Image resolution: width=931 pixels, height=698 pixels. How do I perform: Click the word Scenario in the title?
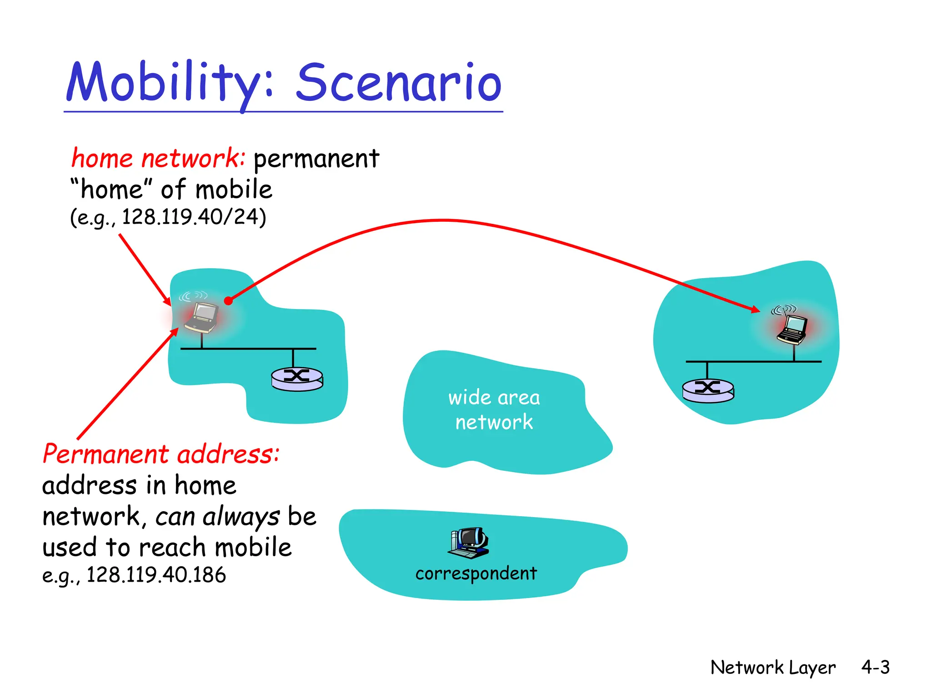coord(399,83)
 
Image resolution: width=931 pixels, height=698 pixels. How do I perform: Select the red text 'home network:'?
coord(158,159)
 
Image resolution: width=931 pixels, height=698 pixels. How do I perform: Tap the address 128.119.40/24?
coord(193,217)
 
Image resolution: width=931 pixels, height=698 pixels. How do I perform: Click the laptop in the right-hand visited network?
coord(792,330)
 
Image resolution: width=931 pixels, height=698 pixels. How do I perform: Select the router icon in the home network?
coord(297,379)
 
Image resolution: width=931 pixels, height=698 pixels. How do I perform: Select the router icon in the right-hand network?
coord(708,390)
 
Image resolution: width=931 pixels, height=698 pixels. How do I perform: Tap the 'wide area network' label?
coord(494,409)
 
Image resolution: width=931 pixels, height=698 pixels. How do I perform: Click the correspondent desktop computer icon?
coord(468,543)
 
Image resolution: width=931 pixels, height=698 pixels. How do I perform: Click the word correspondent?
coord(476,573)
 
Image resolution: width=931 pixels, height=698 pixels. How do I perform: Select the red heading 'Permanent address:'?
coord(161,454)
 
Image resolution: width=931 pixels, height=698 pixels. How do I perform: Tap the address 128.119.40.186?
coord(156,575)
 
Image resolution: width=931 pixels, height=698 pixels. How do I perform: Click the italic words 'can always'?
coord(217,517)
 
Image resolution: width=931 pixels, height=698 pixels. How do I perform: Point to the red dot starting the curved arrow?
coord(228,301)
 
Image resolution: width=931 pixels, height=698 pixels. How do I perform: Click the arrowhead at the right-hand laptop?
coord(755,309)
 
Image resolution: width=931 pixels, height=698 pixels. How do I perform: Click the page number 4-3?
coord(875,667)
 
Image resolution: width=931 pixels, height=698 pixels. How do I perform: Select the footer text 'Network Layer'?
coord(772,668)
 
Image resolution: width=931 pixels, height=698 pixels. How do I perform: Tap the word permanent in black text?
coord(316,159)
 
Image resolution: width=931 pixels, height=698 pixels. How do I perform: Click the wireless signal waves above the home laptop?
coord(193,296)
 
